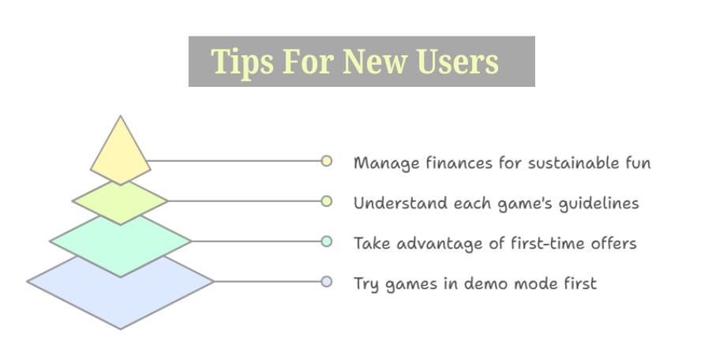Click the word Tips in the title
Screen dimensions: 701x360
pyautogui.click(x=242, y=62)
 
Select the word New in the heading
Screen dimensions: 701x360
pyautogui.click(x=375, y=62)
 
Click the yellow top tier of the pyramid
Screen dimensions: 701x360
pyautogui.click(x=120, y=152)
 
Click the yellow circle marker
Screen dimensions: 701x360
pyautogui.click(x=327, y=161)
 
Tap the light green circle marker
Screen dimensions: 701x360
pyautogui.click(x=327, y=201)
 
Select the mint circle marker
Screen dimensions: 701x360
pyautogui.click(x=327, y=242)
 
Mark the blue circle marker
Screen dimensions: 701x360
pyautogui.click(x=327, y=282)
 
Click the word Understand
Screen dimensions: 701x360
pyautogui.click(x=400, y=203)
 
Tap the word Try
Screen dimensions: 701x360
pyautogui.click(x=366, y=284)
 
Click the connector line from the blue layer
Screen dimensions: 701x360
pyautogui.click(x=268, y=282)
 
